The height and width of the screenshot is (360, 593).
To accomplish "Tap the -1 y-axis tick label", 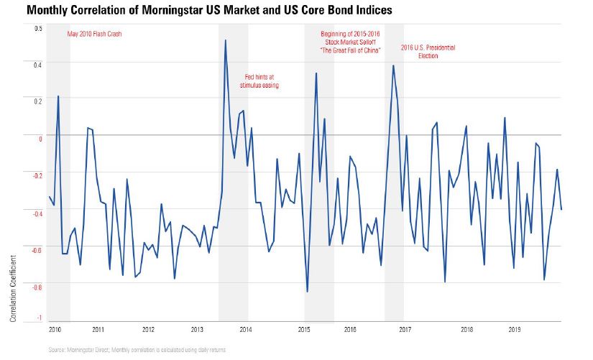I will click(x=40, y=318).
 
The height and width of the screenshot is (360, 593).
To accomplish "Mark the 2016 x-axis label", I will click(x=350, y=331).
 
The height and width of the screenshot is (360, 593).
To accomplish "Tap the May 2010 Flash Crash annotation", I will click(x=95, y=34).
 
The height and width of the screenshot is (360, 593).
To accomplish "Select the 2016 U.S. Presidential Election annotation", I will click(x=428, y=52).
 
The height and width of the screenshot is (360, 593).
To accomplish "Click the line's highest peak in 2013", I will click(x=226, y=40).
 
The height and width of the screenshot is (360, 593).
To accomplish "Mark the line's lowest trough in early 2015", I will click(x=308, y=292).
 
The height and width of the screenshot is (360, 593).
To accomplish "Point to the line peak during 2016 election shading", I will click(x=393, y=65).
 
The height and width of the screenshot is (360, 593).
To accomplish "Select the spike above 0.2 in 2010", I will click(x=58, y=96).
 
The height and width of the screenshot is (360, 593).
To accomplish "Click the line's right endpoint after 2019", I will click(x=561, y=209).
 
